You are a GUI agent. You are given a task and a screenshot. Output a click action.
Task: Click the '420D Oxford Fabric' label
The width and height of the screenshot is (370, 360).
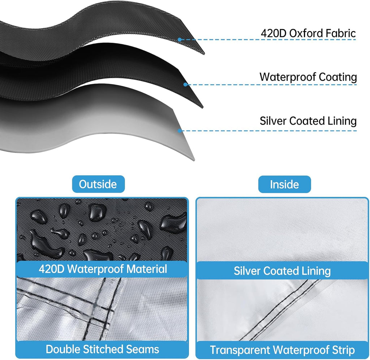pos(308,33)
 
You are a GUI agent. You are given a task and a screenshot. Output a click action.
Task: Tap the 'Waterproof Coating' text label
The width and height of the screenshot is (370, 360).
pos(308,77)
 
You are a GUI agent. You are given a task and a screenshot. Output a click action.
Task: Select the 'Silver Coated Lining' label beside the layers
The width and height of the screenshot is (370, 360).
pos(308,121)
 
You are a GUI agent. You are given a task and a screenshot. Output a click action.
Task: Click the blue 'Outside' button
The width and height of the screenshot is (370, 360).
pos(98,184)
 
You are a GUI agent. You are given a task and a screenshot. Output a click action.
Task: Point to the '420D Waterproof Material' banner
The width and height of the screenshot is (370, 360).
pos(103,269)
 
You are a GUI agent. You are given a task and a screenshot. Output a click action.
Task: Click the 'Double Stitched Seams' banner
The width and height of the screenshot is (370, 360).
pos(102,350)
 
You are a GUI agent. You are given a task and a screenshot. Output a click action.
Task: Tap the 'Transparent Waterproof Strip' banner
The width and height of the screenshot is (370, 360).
pos(282,350)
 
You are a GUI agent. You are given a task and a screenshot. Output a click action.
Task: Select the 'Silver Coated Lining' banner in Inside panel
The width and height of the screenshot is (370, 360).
pos(282,270)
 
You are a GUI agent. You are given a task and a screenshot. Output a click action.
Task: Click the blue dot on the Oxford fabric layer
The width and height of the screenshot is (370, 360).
pos(180,40)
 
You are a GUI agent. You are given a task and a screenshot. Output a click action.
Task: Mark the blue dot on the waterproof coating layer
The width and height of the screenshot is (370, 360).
pos(185,84)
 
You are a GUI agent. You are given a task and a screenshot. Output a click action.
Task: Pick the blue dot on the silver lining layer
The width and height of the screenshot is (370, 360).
pos(180,130)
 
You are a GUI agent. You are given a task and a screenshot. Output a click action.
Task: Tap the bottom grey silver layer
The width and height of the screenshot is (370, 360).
pos(94,123)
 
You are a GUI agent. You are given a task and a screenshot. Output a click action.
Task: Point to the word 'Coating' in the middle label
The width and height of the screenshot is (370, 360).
pos(338,77)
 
